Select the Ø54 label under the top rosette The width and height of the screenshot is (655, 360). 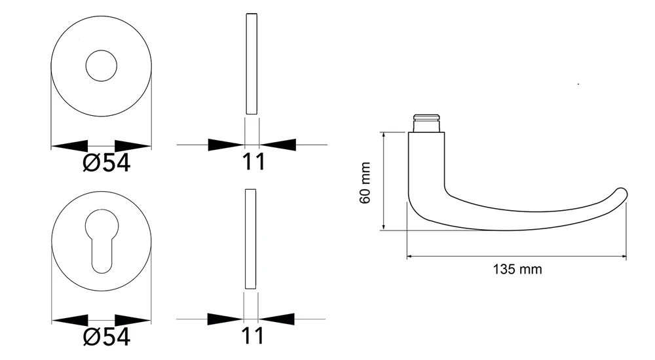coord(107,162)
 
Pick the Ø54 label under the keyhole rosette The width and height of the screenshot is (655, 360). coord(107,336)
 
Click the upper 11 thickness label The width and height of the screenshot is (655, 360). coord(253,161)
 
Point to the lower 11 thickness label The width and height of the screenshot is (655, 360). coord(253,335)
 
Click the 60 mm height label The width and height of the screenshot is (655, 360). coord(365,183)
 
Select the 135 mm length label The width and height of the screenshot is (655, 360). coord(517,269)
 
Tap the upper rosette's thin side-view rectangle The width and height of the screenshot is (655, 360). coord(252,64)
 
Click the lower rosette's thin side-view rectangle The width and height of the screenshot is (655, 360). coord(251,239)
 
